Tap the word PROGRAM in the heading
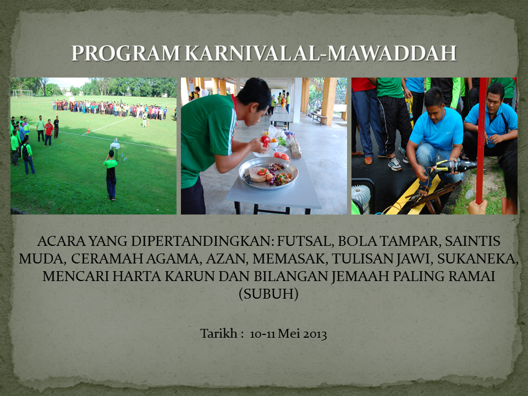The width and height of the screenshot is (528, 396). tap(126, 53)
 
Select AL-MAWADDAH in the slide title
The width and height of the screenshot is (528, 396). tap(375, 53)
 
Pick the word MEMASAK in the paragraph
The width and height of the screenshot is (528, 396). tap(290, 258)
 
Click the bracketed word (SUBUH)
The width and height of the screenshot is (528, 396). tap(269, 294)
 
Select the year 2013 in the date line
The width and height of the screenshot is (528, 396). tap(315, 334)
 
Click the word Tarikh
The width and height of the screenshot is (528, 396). tap(219, 334)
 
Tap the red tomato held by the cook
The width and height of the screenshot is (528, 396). tap(265, 140)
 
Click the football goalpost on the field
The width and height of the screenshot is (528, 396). tap(23, 94)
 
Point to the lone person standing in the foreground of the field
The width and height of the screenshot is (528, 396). tap(111, 175)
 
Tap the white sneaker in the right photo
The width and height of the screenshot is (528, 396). tap(395, 164)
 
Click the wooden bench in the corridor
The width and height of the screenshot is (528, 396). tap(318, 118)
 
